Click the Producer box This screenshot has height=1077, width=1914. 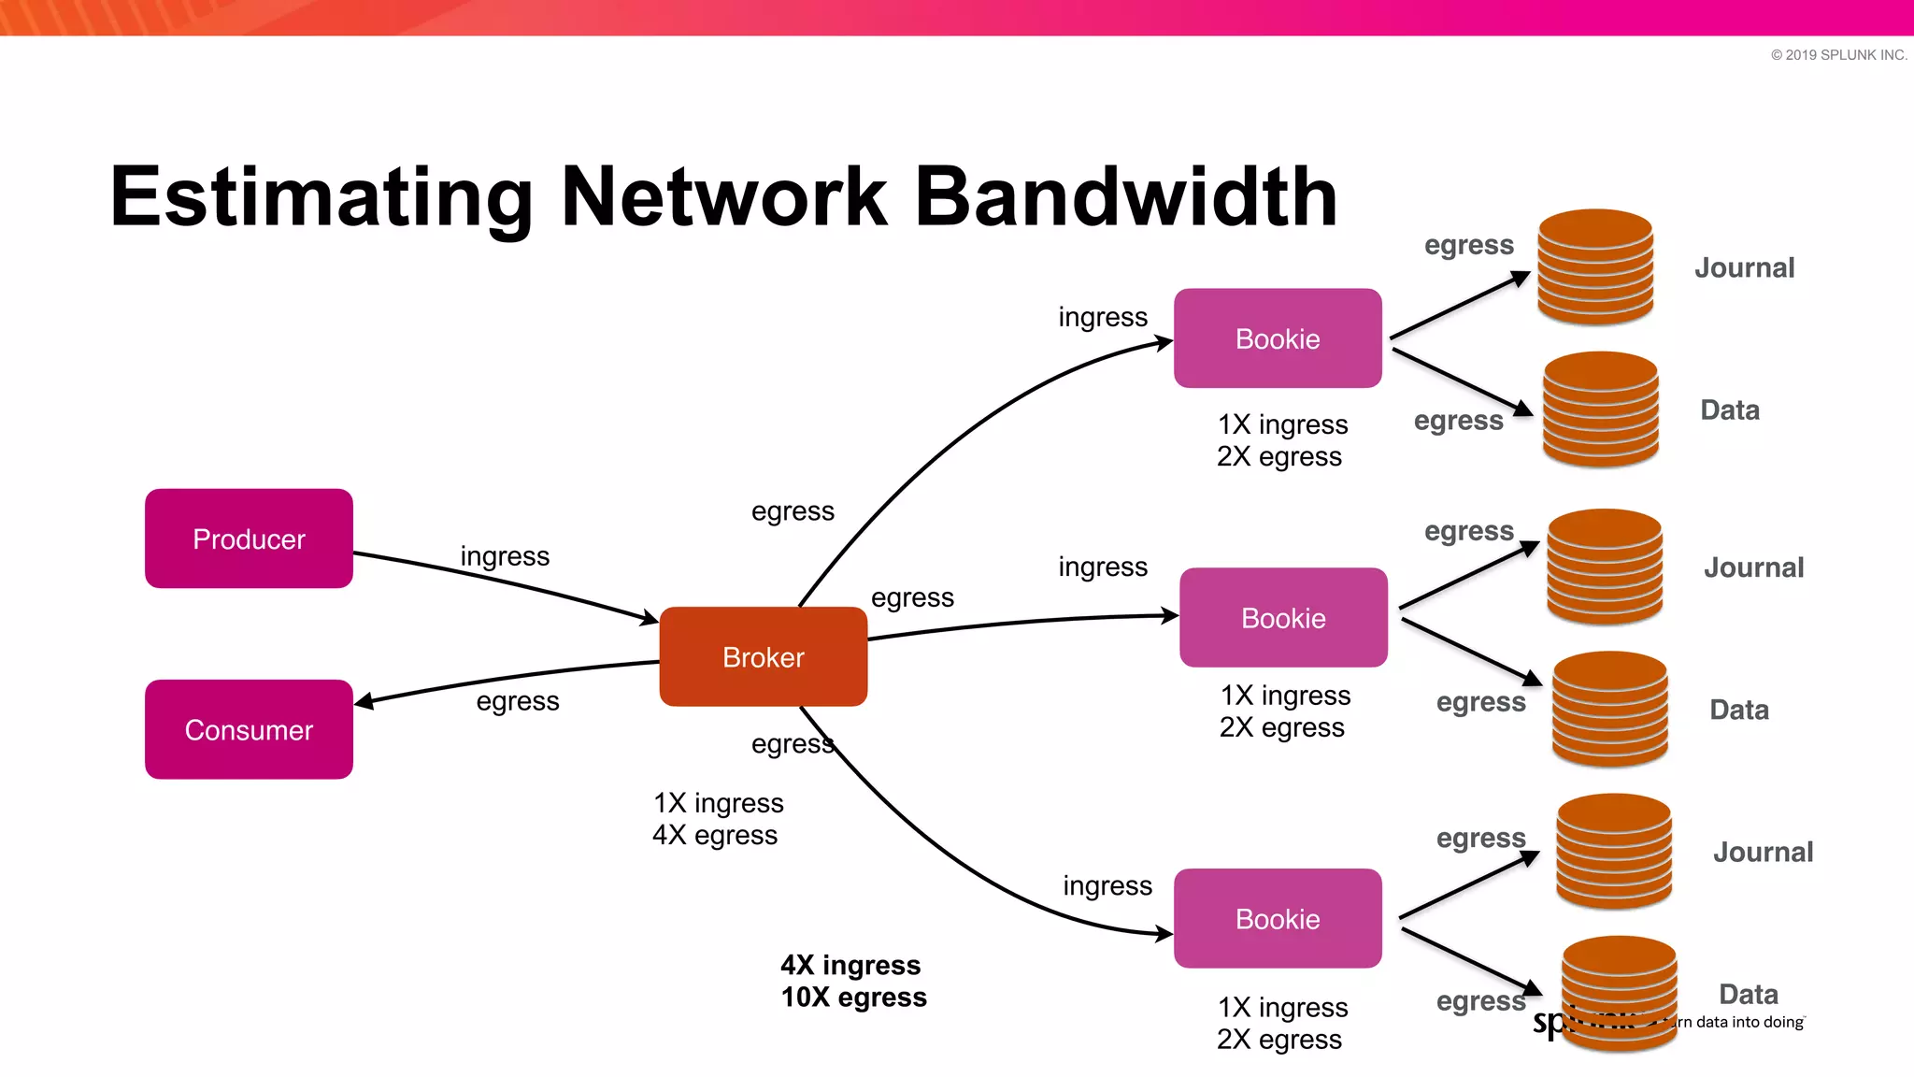(249, 538)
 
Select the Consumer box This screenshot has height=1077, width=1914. (249, 729)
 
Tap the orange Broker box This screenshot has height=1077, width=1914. (763, 656)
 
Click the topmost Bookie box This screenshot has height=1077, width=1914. (1278, 338)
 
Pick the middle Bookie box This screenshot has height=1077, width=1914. (1283, 617)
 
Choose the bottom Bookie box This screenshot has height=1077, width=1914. (1278, 918)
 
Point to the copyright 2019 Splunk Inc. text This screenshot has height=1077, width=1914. (1838, 55)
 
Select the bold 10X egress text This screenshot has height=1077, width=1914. (853, 998)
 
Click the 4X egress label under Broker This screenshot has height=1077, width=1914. (715, 835)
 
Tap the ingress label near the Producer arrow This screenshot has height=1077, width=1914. (505, 556)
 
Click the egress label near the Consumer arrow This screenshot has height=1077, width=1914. (517, 701)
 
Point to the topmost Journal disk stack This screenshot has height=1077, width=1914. (1595, 266)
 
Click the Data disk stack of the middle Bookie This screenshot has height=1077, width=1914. (1609, 709)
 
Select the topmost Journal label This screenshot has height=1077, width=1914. (1744, 268)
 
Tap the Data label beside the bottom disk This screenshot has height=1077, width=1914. (1748, 994)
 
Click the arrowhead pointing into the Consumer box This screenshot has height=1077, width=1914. (364, 701)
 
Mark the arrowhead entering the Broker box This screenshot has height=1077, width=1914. (650, 618)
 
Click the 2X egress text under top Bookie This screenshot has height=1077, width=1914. (1278, 457)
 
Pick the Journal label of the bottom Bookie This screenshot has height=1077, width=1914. (1763, 852)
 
